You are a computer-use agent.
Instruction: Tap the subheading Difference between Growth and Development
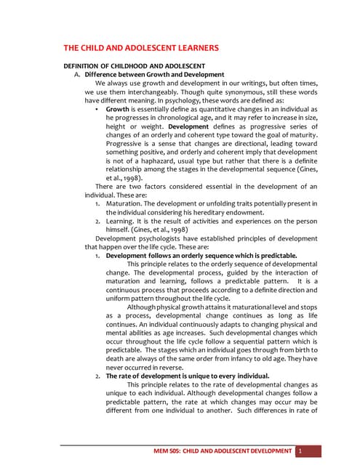pyautogui.click(x=154, y=74)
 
